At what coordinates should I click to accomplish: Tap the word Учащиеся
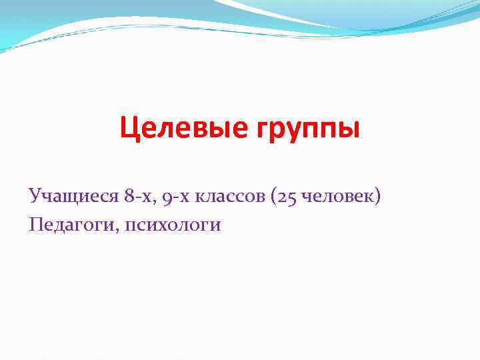73,196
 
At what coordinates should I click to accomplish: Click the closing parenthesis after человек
379,197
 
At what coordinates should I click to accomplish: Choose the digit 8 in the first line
127,196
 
